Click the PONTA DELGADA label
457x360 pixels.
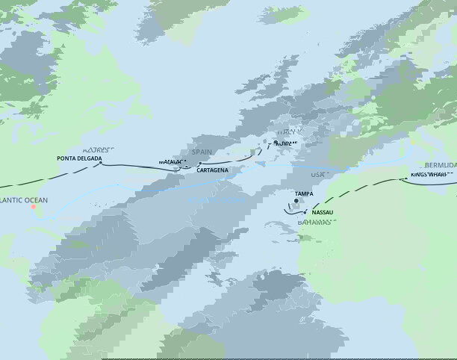78,158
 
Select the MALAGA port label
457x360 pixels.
170,161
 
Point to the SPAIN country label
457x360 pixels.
202,152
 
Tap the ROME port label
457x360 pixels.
286,143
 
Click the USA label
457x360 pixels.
318,174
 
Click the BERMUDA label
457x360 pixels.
440,164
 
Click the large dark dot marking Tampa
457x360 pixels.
296,200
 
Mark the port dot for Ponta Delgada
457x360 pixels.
102,164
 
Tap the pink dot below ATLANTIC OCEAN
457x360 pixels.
34,208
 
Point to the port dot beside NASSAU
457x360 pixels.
306,212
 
